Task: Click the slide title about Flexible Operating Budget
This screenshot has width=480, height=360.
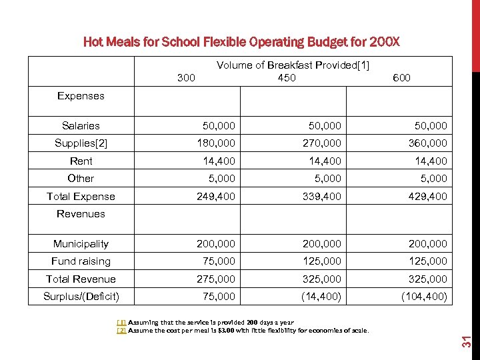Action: coord(241,42)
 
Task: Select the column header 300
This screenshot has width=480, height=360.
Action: coord(187,78)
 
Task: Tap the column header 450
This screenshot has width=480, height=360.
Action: coord(287,78)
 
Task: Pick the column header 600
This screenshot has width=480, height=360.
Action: coord(401,78)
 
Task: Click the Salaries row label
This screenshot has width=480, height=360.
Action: coord(81,126)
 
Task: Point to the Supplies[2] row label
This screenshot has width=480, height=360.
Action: coord(81,143)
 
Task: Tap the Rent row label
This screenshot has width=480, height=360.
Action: coord(81,161)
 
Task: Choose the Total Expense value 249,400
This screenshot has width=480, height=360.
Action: coord(217,197)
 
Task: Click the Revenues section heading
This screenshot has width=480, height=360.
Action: coord(81,214)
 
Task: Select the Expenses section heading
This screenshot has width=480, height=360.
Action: coord(81,96)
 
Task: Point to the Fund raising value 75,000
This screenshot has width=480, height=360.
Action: coord(219,261)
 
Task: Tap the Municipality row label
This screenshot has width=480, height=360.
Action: coord(81,244)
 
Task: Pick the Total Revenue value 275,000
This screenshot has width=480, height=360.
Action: coord(217,279)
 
